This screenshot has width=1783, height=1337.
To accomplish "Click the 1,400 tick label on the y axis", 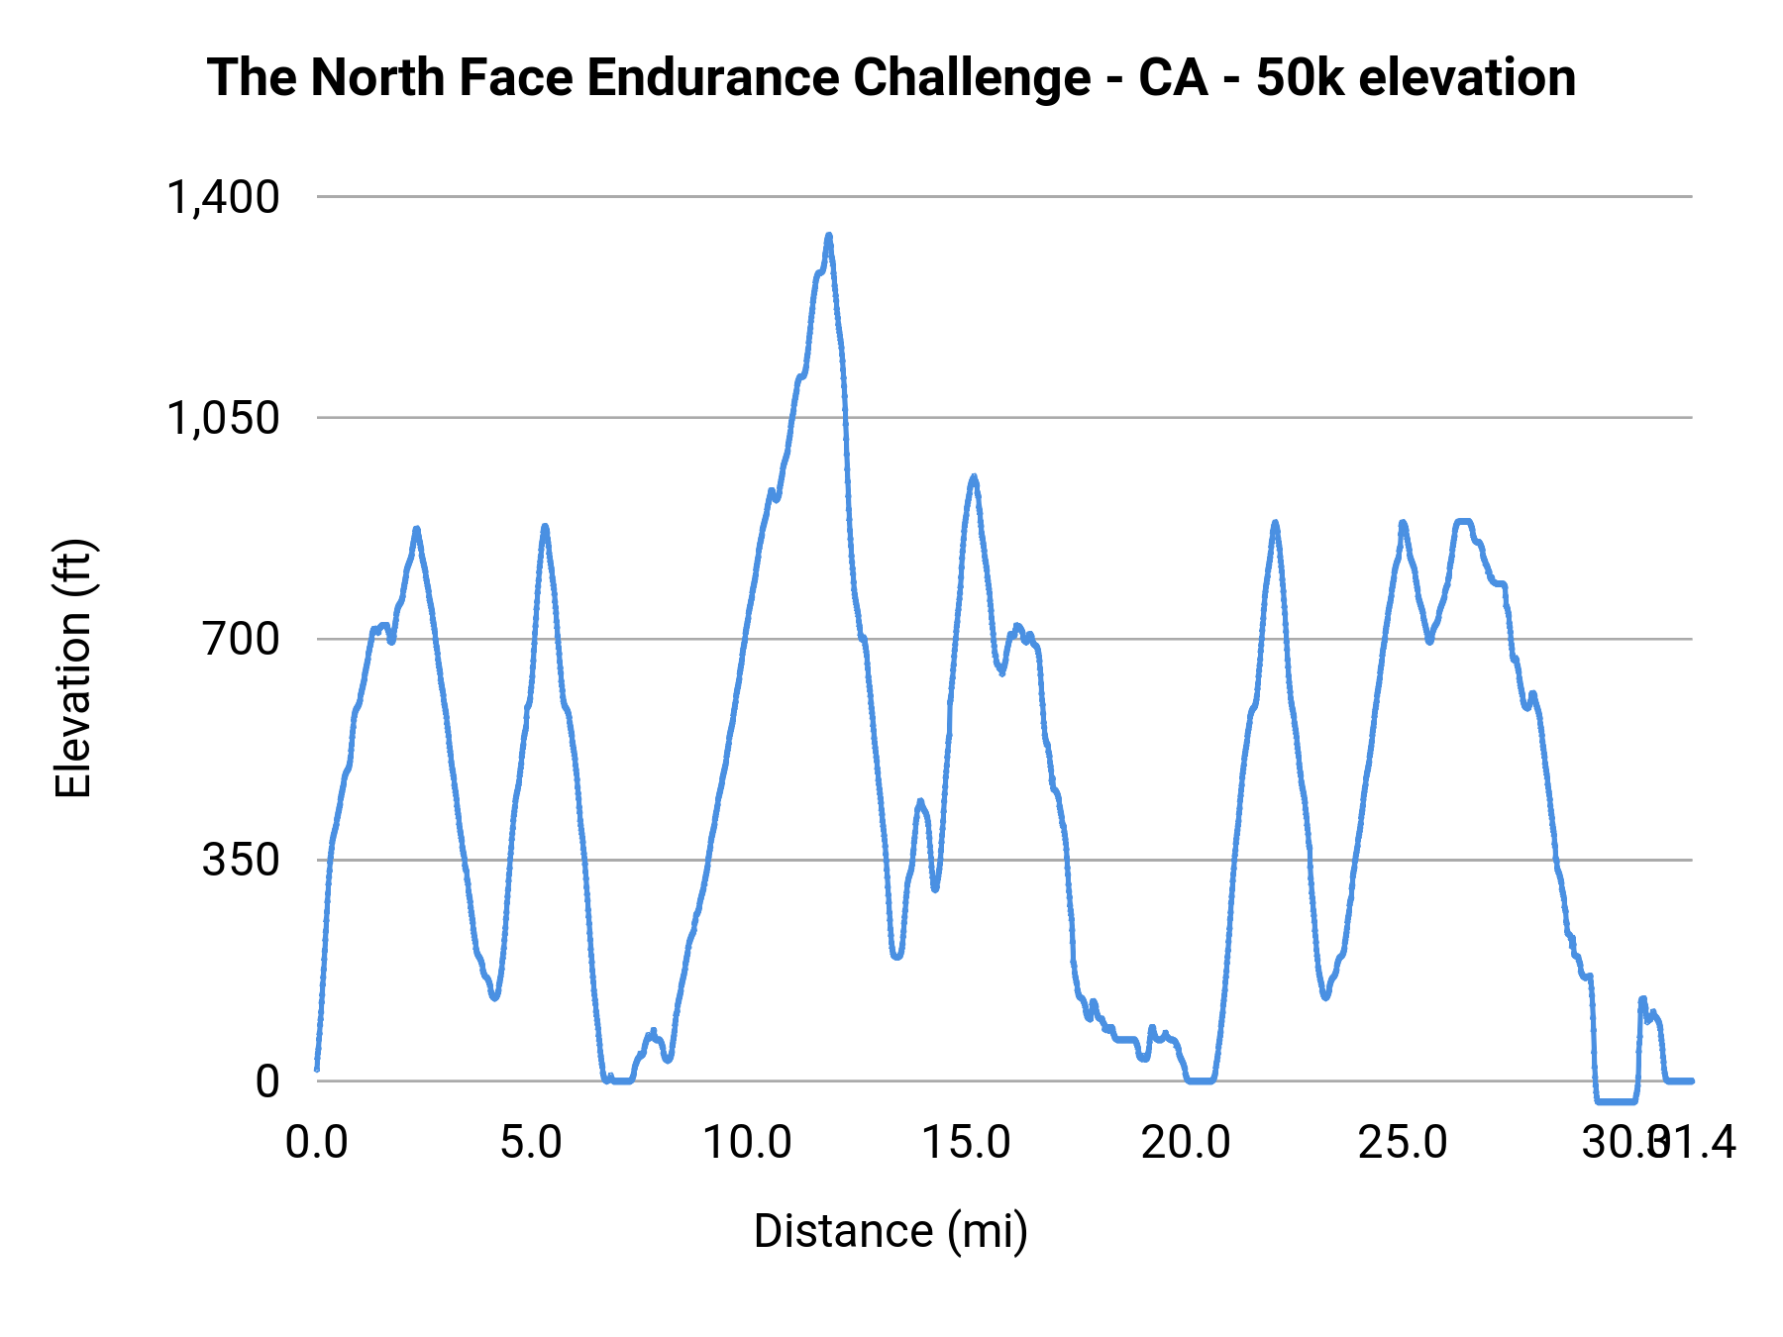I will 223,197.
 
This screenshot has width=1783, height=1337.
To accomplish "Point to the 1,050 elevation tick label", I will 223,418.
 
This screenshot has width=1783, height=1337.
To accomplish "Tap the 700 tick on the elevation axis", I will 242,639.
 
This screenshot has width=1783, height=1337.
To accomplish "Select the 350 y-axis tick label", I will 242,860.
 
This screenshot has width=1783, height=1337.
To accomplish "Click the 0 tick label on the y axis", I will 267,1081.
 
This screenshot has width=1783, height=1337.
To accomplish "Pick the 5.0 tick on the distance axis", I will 531,1143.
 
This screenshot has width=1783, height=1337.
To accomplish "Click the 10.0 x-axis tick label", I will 748,1143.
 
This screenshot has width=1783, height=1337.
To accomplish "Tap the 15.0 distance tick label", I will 966,1143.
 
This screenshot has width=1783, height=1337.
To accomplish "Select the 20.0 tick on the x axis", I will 1185,1143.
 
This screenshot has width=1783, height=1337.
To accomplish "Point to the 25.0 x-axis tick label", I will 1403,1143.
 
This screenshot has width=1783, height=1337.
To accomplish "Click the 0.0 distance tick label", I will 317,1143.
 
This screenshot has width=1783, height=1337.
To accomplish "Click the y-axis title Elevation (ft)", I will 73,668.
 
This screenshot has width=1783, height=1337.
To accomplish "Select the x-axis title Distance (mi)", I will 891,1231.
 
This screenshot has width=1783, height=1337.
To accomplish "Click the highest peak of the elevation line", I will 829,236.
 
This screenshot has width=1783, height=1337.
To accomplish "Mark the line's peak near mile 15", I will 974,477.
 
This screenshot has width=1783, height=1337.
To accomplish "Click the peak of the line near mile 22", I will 1275,522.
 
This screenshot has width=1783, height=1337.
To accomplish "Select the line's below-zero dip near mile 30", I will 1616,1100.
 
